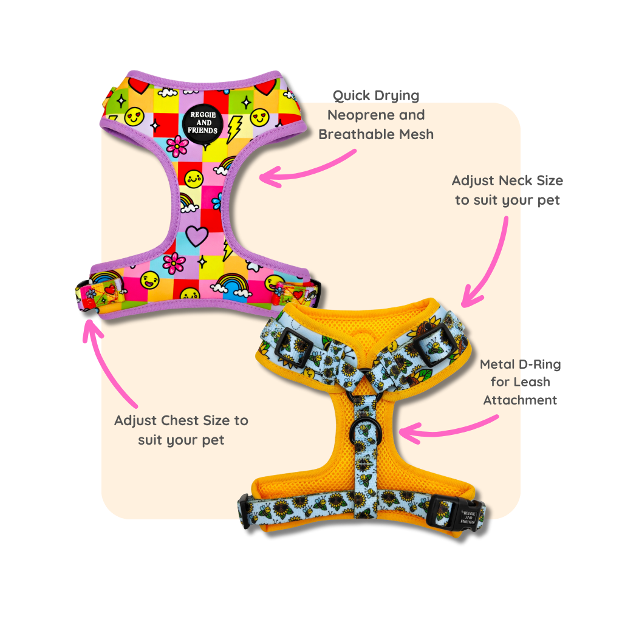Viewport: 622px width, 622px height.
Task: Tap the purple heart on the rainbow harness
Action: (196, 233)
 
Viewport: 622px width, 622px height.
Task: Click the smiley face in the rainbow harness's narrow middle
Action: (193, 179)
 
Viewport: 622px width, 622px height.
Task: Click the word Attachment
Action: (520, 400)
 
